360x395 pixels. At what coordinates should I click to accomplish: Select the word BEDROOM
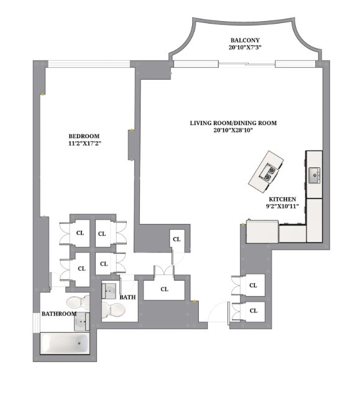click(84, 136)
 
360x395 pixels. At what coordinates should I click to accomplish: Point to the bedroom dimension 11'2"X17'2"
click(84, 144)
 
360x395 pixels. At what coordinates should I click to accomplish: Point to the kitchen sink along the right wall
click(314, 175)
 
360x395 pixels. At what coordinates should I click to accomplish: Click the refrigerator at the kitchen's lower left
click(262, 231)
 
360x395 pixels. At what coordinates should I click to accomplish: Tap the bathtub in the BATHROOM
click(65, 343)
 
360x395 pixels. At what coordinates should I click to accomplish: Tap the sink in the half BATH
click(109, 290)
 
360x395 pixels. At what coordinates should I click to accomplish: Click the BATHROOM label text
click(59, 314)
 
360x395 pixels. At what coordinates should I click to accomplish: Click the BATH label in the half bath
click(128, 297)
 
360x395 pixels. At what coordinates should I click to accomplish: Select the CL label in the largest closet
click(164, 289)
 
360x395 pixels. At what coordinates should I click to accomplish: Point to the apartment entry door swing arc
click(215, 311)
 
